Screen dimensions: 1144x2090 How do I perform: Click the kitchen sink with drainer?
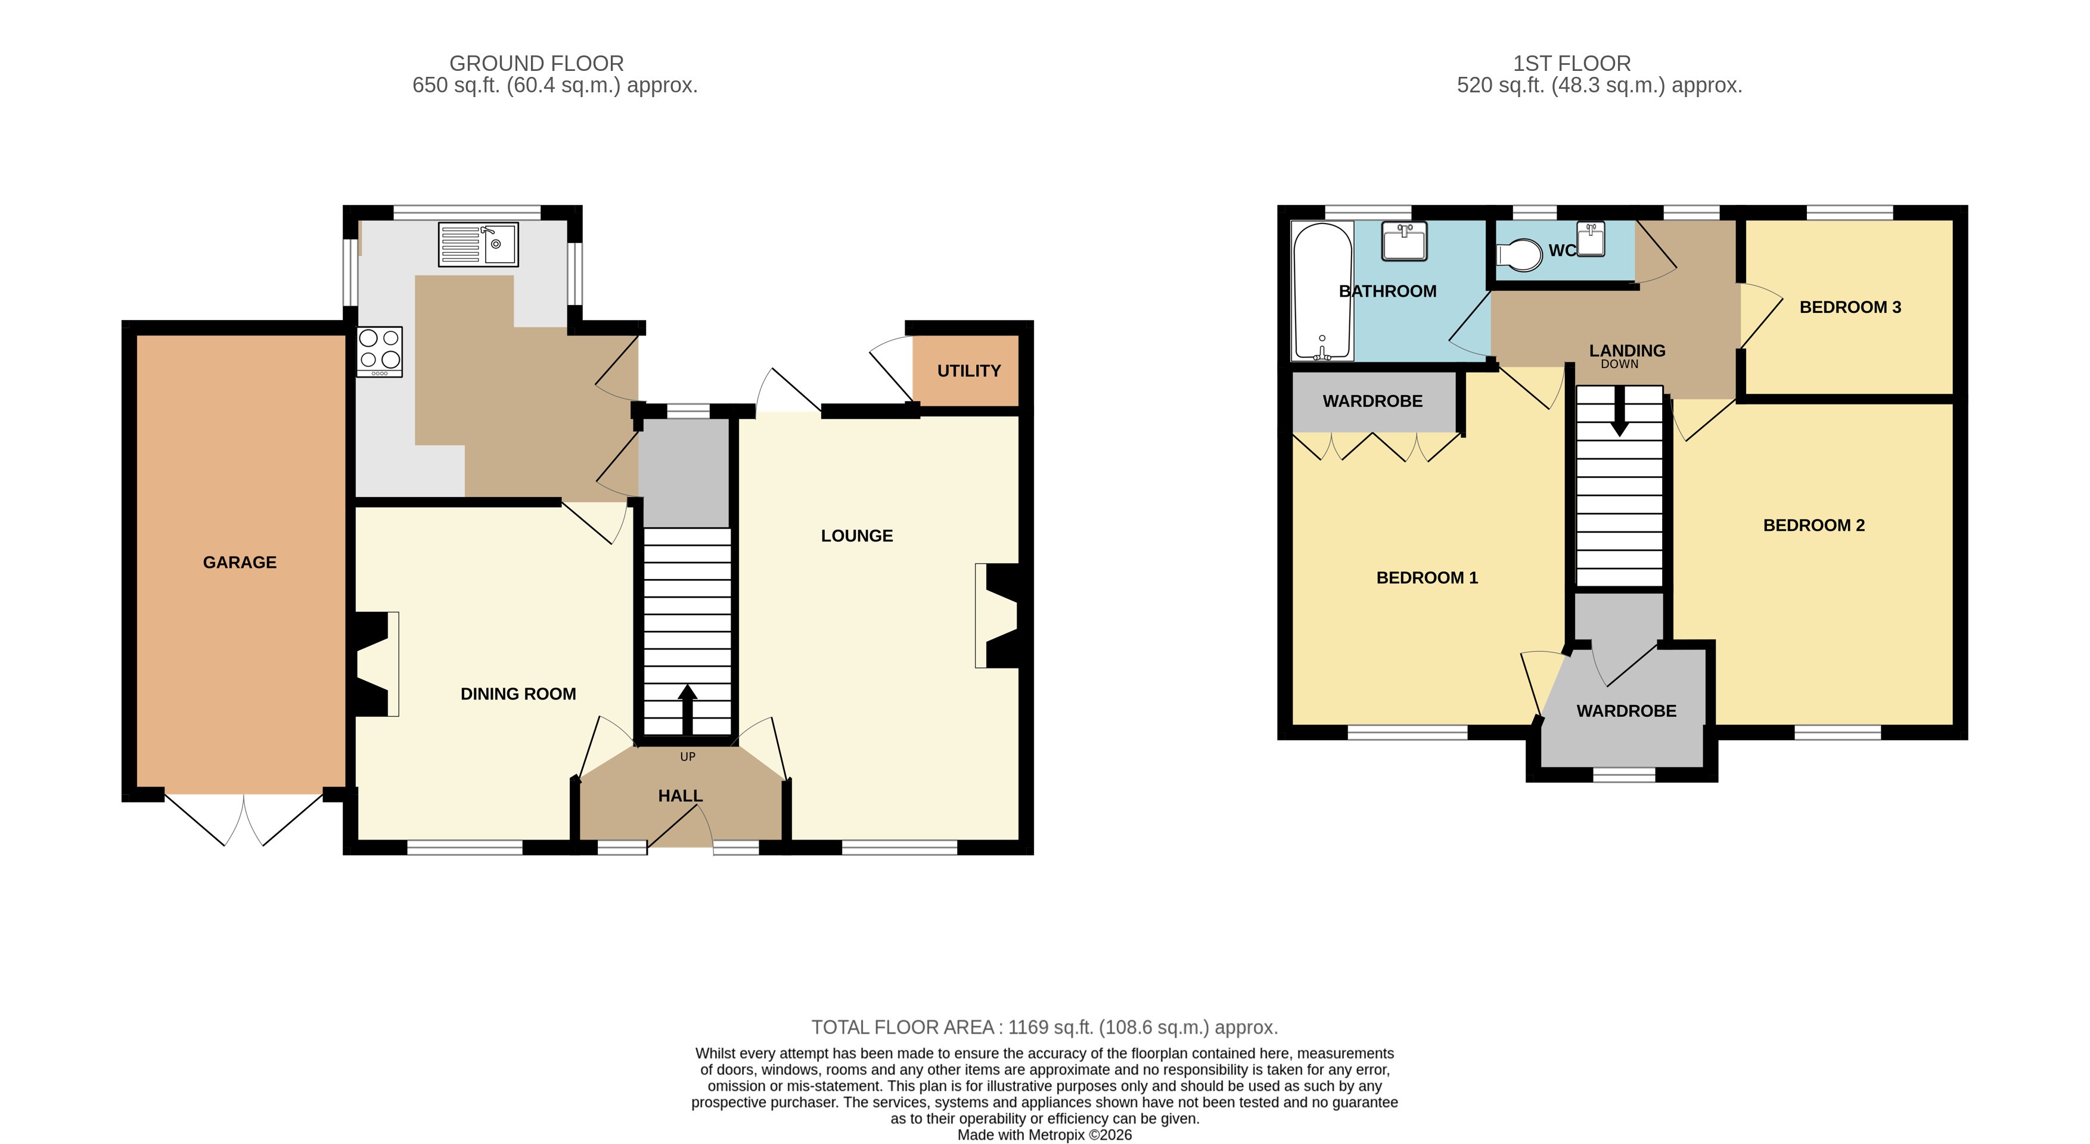[x=478, y=244]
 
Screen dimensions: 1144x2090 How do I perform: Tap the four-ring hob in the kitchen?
[x=379, y=350]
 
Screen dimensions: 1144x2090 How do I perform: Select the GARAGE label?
[x=240, y=562]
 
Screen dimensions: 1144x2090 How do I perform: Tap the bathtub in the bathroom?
[x=1322, y=290]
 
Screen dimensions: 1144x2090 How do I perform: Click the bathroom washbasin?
[x=1405, y=241]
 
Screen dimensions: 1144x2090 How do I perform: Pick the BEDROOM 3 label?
[x=1850, y=307]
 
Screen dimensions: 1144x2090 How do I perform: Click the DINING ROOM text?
[x=518, y=694]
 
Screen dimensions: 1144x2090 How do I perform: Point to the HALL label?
[x=680, y=796]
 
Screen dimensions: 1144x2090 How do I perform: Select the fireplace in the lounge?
[x=999, y=616]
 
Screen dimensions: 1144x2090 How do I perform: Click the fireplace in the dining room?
[x=375, y=664]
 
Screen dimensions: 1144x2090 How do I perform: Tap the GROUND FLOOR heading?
[x=536, y=63]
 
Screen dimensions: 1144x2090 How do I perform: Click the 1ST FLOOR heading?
[x=1571, y=63]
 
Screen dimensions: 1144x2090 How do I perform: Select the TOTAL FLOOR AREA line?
[x=1044, y=1027]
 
